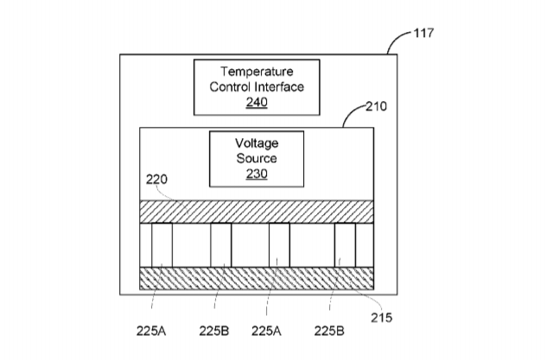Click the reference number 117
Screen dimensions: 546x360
pos(423,33)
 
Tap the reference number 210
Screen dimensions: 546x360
pos(376,106)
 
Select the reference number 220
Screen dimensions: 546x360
pos(156,180)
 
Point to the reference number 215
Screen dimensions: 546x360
pos(381,318)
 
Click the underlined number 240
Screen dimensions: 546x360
pos(257,102)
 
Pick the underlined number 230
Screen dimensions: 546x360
pos(257,174)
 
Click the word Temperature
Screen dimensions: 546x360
pos(257,72)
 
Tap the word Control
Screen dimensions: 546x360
pos(230,86)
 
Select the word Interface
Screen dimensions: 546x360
pos(279,86)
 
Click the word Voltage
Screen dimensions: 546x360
pos(257,143)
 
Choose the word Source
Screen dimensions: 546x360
pos(257,158)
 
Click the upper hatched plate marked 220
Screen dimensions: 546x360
pos(257,212)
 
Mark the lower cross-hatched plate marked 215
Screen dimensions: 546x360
pos(257,278)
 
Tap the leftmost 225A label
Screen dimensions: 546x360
pos(151,332)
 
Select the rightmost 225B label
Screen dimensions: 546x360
pos(329,332)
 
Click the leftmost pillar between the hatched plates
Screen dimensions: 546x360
pos(162,245)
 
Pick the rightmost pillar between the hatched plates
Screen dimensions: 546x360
pos(345,245)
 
